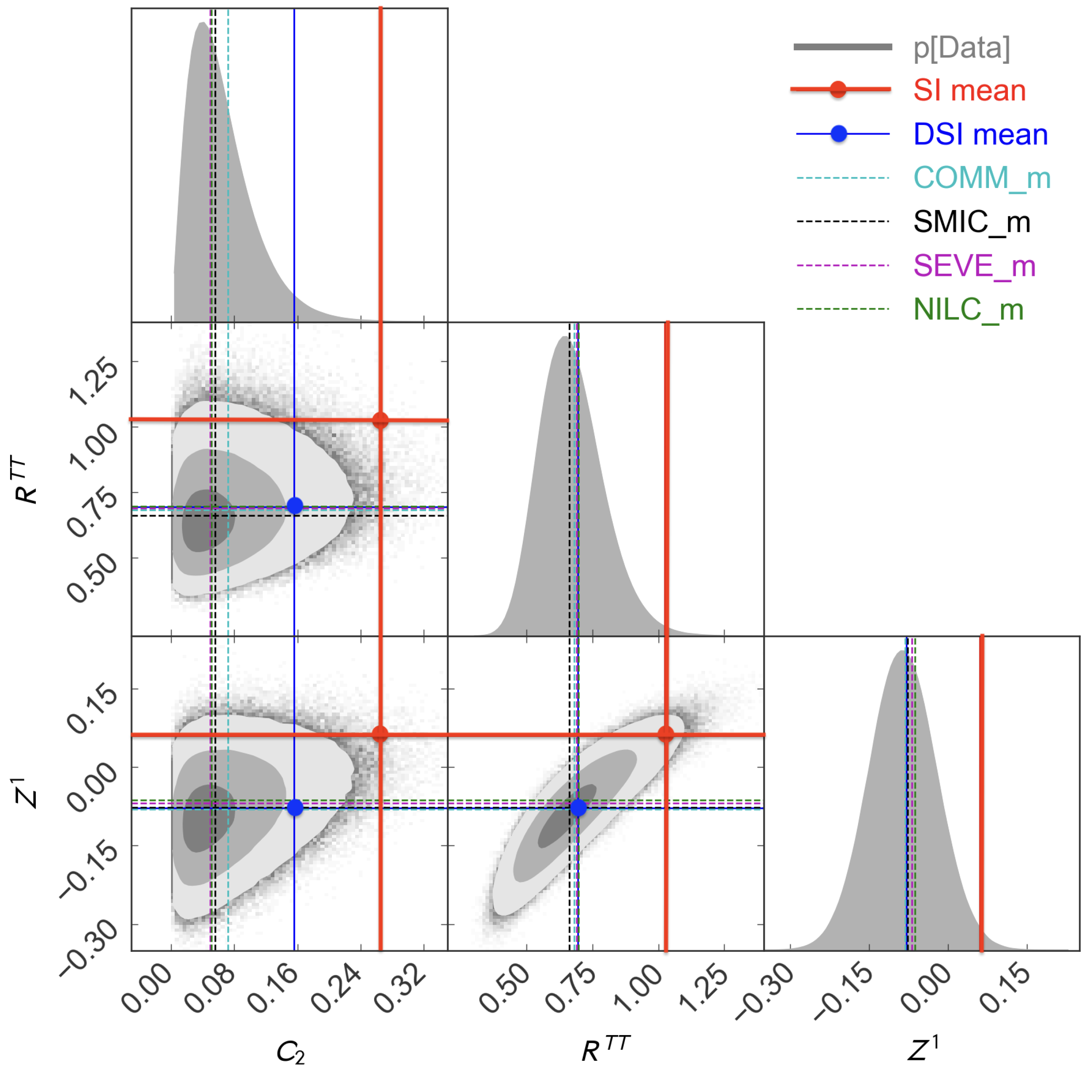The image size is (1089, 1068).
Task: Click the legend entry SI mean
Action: (x=969, y=90)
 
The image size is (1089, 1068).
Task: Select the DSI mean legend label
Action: (x=980, y=135)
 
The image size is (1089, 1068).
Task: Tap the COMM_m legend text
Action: (x=981, y=178)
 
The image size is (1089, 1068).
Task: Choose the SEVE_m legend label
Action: (x=974, y=265)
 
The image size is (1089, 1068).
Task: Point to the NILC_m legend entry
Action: (x=968, y=309)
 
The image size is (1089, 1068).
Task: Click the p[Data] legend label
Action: (x=961, y=48)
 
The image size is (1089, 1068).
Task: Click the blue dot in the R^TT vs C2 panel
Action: (x=294, y=505)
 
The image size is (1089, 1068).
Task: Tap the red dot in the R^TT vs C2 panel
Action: (x=380, y=420)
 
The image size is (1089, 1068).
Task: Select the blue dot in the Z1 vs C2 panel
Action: (x=294, y=808)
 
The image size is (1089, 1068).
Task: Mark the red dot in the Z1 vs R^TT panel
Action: (x=665, y=734)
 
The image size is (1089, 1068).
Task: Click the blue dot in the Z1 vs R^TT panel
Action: (x=578, y=808)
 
